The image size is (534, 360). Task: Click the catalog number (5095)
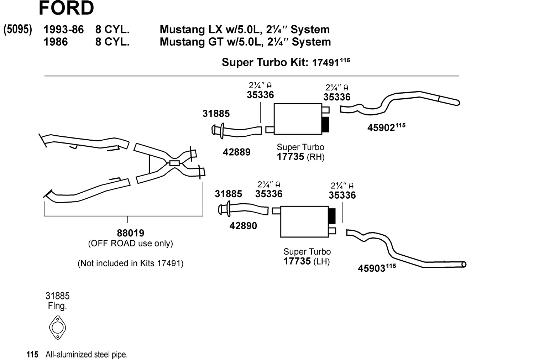[18, 29]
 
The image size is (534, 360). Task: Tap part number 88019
[130, 233]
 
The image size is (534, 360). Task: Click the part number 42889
[236, 152]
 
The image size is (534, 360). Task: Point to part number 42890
[243, 226]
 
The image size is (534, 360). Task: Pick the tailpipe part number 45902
[381, 128]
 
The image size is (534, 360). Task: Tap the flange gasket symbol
[57, 327]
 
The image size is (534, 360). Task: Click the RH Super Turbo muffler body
[298, 119]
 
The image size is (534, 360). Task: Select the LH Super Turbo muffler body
[304, 221]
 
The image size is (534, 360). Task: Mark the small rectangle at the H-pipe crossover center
[174, 163]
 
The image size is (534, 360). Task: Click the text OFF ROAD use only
[130, 244]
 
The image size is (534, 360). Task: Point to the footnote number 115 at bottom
[32, 355]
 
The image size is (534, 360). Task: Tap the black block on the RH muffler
[325, 124]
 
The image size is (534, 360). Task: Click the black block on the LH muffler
[332, 216]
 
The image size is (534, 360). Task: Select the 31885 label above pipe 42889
[216, 114]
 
